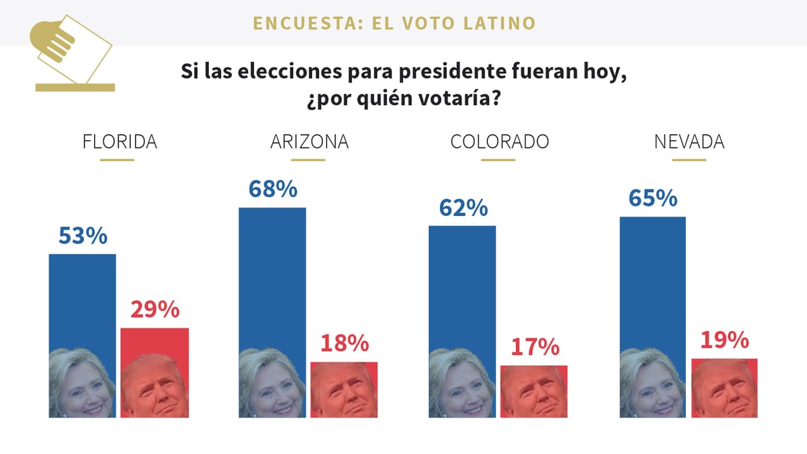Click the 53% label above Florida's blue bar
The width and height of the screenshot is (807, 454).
click(x=83, y=236)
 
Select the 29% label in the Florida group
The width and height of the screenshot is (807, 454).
click(x=154, y=310)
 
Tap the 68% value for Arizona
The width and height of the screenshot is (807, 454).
click(x=272, y=189)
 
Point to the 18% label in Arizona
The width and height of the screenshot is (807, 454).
click(x=344, y=343)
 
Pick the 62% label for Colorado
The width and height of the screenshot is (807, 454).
click(x=463, y=208)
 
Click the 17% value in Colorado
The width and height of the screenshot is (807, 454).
click(x=535, y=347)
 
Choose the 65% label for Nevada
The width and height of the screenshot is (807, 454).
click(x=653, y=198)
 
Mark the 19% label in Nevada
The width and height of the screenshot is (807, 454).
click(x=724, y=340)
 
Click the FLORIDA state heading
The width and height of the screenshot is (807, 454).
click(x=120, y=142)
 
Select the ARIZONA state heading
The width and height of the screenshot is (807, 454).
click(x=309, y=142)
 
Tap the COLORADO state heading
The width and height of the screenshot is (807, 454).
click(x=499, y=142)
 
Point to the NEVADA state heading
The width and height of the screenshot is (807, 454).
click(x=689, y=142)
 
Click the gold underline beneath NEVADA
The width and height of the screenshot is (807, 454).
click(x=688, y=160)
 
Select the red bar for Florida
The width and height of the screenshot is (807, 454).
click(x=154, y=372)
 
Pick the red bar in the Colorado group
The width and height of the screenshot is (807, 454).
click(x=534, y=390)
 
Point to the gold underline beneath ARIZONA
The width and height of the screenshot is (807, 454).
click(x=308, y=160)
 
